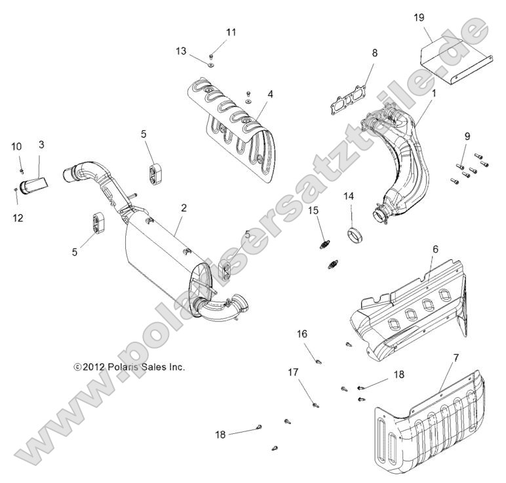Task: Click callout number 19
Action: coord(419,18)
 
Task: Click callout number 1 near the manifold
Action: coord(433,94)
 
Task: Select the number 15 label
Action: coord(313,210)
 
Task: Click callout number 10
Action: coord(16,146)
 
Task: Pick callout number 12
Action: coord(18,218)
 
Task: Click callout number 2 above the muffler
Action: coord(184,207)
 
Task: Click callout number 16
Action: coord(302,333)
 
